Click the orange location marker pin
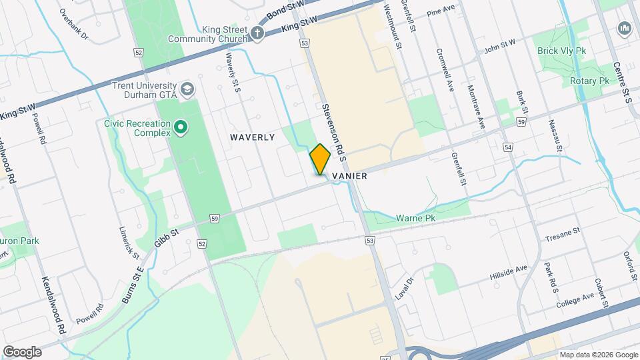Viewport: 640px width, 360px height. coord(320,159)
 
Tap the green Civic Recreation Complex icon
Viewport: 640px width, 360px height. coord(180,126)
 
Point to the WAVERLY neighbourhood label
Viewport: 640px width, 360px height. coord(253,137)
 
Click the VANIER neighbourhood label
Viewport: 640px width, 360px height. coord(347,171)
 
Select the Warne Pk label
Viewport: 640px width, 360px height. coord(415,218)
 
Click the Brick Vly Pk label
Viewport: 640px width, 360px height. coord(561,50)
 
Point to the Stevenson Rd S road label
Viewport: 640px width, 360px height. coord(333,132)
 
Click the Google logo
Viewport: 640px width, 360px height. coord(22,352)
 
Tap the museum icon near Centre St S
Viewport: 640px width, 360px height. coord(625,29)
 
